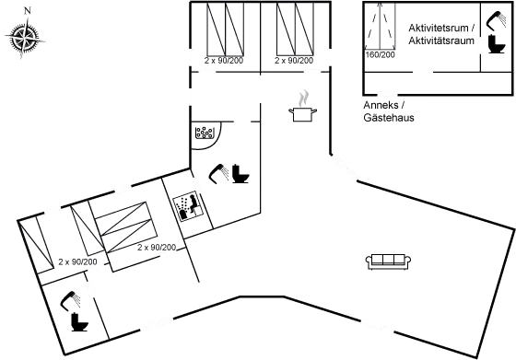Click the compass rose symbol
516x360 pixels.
tap(25, 39)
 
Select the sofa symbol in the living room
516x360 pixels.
tap(386, 263)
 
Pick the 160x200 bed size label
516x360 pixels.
tap(379, 55)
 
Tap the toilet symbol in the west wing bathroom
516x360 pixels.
tap(72, 308)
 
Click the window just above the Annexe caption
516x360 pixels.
tap(387, 95)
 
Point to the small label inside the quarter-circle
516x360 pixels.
tap(204, 134)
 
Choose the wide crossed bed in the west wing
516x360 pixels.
tap(128, 226)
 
